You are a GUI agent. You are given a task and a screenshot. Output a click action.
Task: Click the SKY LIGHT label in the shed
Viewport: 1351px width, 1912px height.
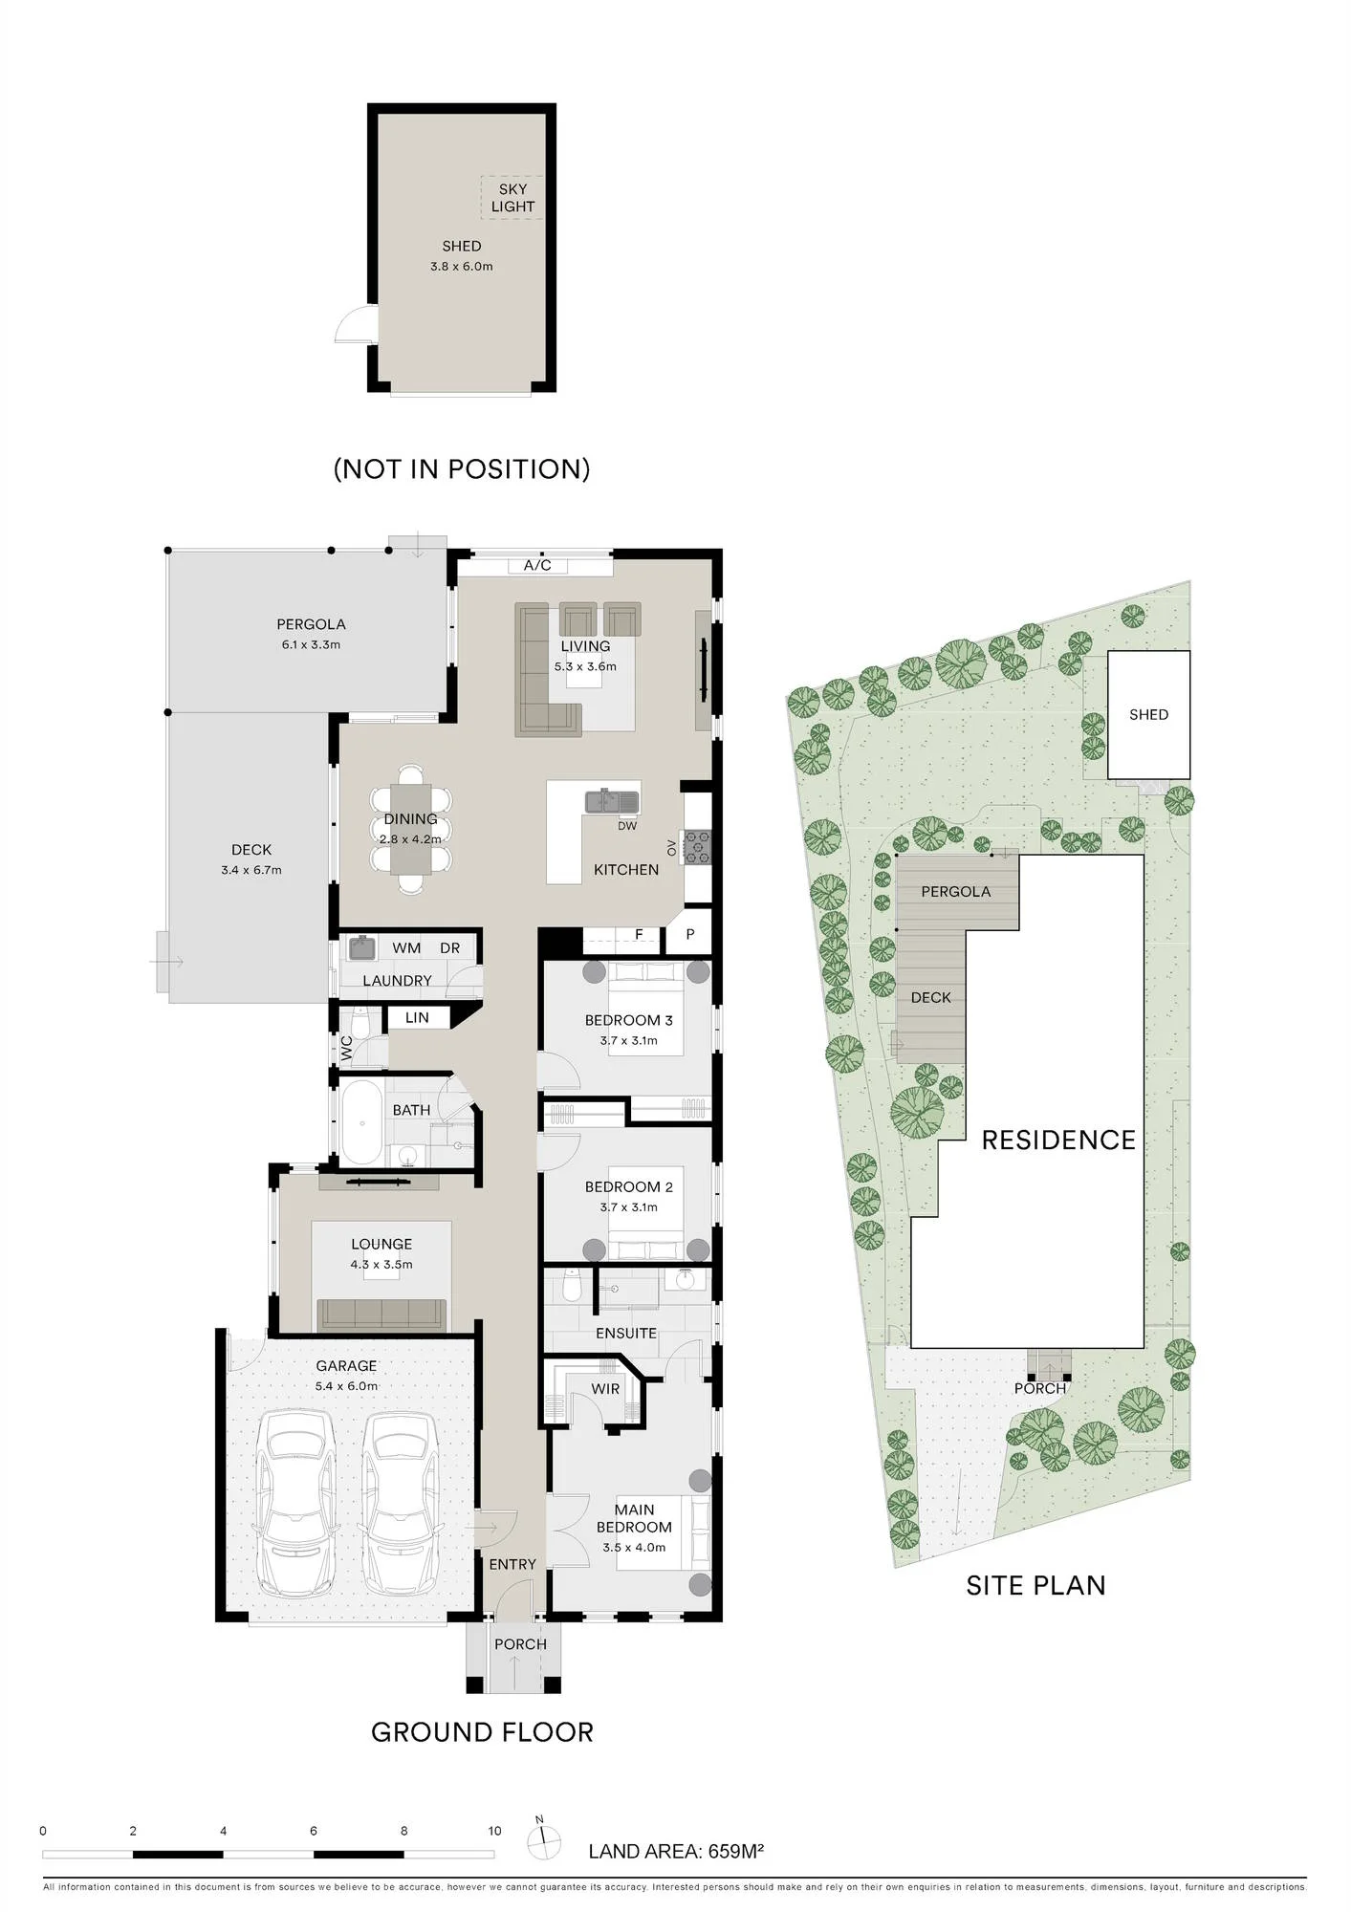point(512,198)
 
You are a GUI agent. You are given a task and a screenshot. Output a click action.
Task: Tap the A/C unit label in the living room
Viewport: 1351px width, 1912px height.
point(537,565)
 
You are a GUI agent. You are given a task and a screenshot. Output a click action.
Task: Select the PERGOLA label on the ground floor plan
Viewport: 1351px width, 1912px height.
point(311,624)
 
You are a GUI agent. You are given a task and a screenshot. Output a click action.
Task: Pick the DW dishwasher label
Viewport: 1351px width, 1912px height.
point(627,826)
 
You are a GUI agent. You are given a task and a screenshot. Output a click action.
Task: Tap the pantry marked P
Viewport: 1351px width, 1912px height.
point(690,934)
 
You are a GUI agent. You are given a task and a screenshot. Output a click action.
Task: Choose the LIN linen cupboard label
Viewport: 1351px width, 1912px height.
point(417,1017)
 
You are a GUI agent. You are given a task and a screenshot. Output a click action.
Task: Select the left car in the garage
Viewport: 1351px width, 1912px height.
point(297,1501)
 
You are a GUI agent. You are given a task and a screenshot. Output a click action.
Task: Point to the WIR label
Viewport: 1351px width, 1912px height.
point(605,1389)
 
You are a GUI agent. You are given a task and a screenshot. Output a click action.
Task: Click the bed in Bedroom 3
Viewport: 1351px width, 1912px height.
point(646,1008)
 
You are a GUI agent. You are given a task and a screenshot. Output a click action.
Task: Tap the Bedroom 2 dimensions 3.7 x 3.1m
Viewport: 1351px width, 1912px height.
point(629,1206)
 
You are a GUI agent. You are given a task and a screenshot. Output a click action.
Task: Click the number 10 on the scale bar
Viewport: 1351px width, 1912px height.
point(494,1831)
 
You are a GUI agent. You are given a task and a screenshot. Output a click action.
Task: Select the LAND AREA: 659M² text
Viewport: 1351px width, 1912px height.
point(676,1851)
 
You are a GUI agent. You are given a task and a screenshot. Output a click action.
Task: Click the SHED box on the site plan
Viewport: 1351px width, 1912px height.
point(1148,714)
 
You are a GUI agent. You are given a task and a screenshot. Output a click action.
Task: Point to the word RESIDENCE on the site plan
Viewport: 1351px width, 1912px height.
point(1058,1140)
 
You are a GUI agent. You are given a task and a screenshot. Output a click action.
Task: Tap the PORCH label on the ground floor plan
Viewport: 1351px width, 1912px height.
point(520,1643)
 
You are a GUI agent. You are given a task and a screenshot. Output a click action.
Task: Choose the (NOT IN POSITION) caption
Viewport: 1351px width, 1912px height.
point(462,468)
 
